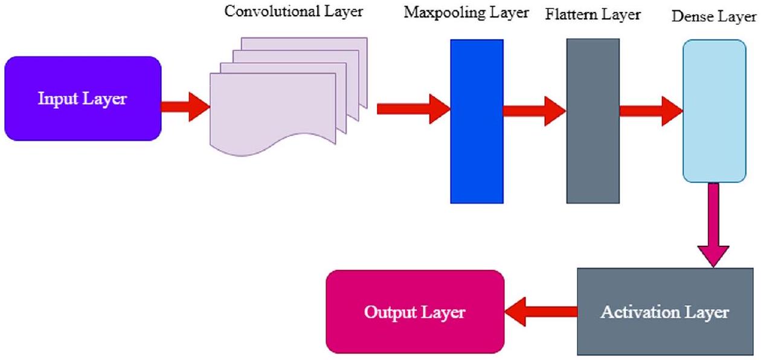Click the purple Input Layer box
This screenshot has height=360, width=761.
[x=83, y=98]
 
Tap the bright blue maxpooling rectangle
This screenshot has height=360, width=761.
[x=477, y=121]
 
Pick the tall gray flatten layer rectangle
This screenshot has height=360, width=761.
[x=592, y=121]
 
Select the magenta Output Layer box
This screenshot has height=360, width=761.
[x=415, y=311]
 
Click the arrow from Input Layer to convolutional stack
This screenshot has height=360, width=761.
[x=185, y=107]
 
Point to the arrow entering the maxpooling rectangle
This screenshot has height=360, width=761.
[x=414, y=109]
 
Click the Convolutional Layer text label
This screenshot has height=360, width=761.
[x=294, y=11]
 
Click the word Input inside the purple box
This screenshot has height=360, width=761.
[x=54, y=99]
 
